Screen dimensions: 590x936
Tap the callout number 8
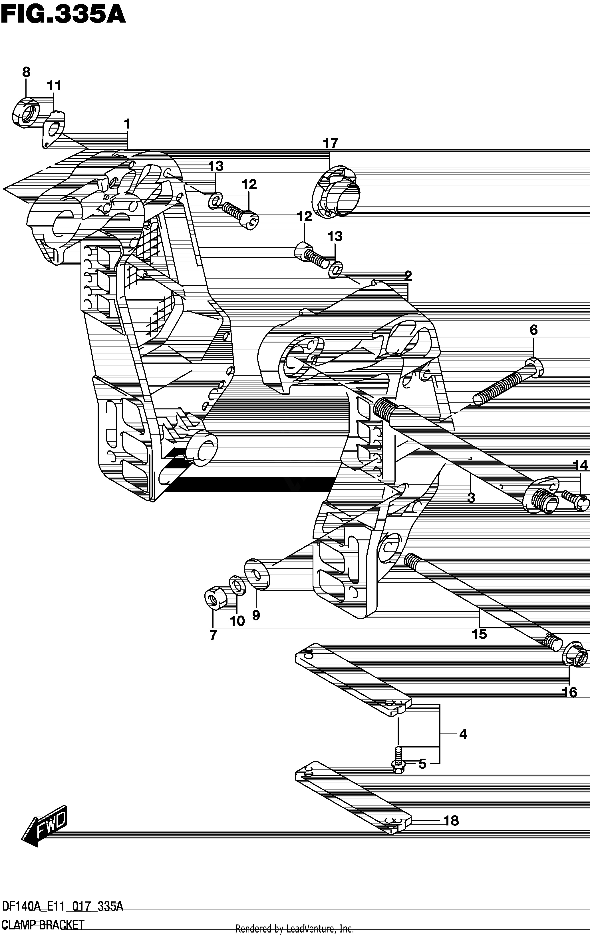coord(26,72)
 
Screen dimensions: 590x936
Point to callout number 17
coord(331,143)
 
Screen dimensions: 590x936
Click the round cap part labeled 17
coord(336,193)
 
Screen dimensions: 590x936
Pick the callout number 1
coord(127,124)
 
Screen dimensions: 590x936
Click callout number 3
coord(471,497)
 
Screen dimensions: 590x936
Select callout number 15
coord(479,634)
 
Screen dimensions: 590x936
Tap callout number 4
coord(463,734)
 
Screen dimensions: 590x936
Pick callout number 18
coord(451,821)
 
